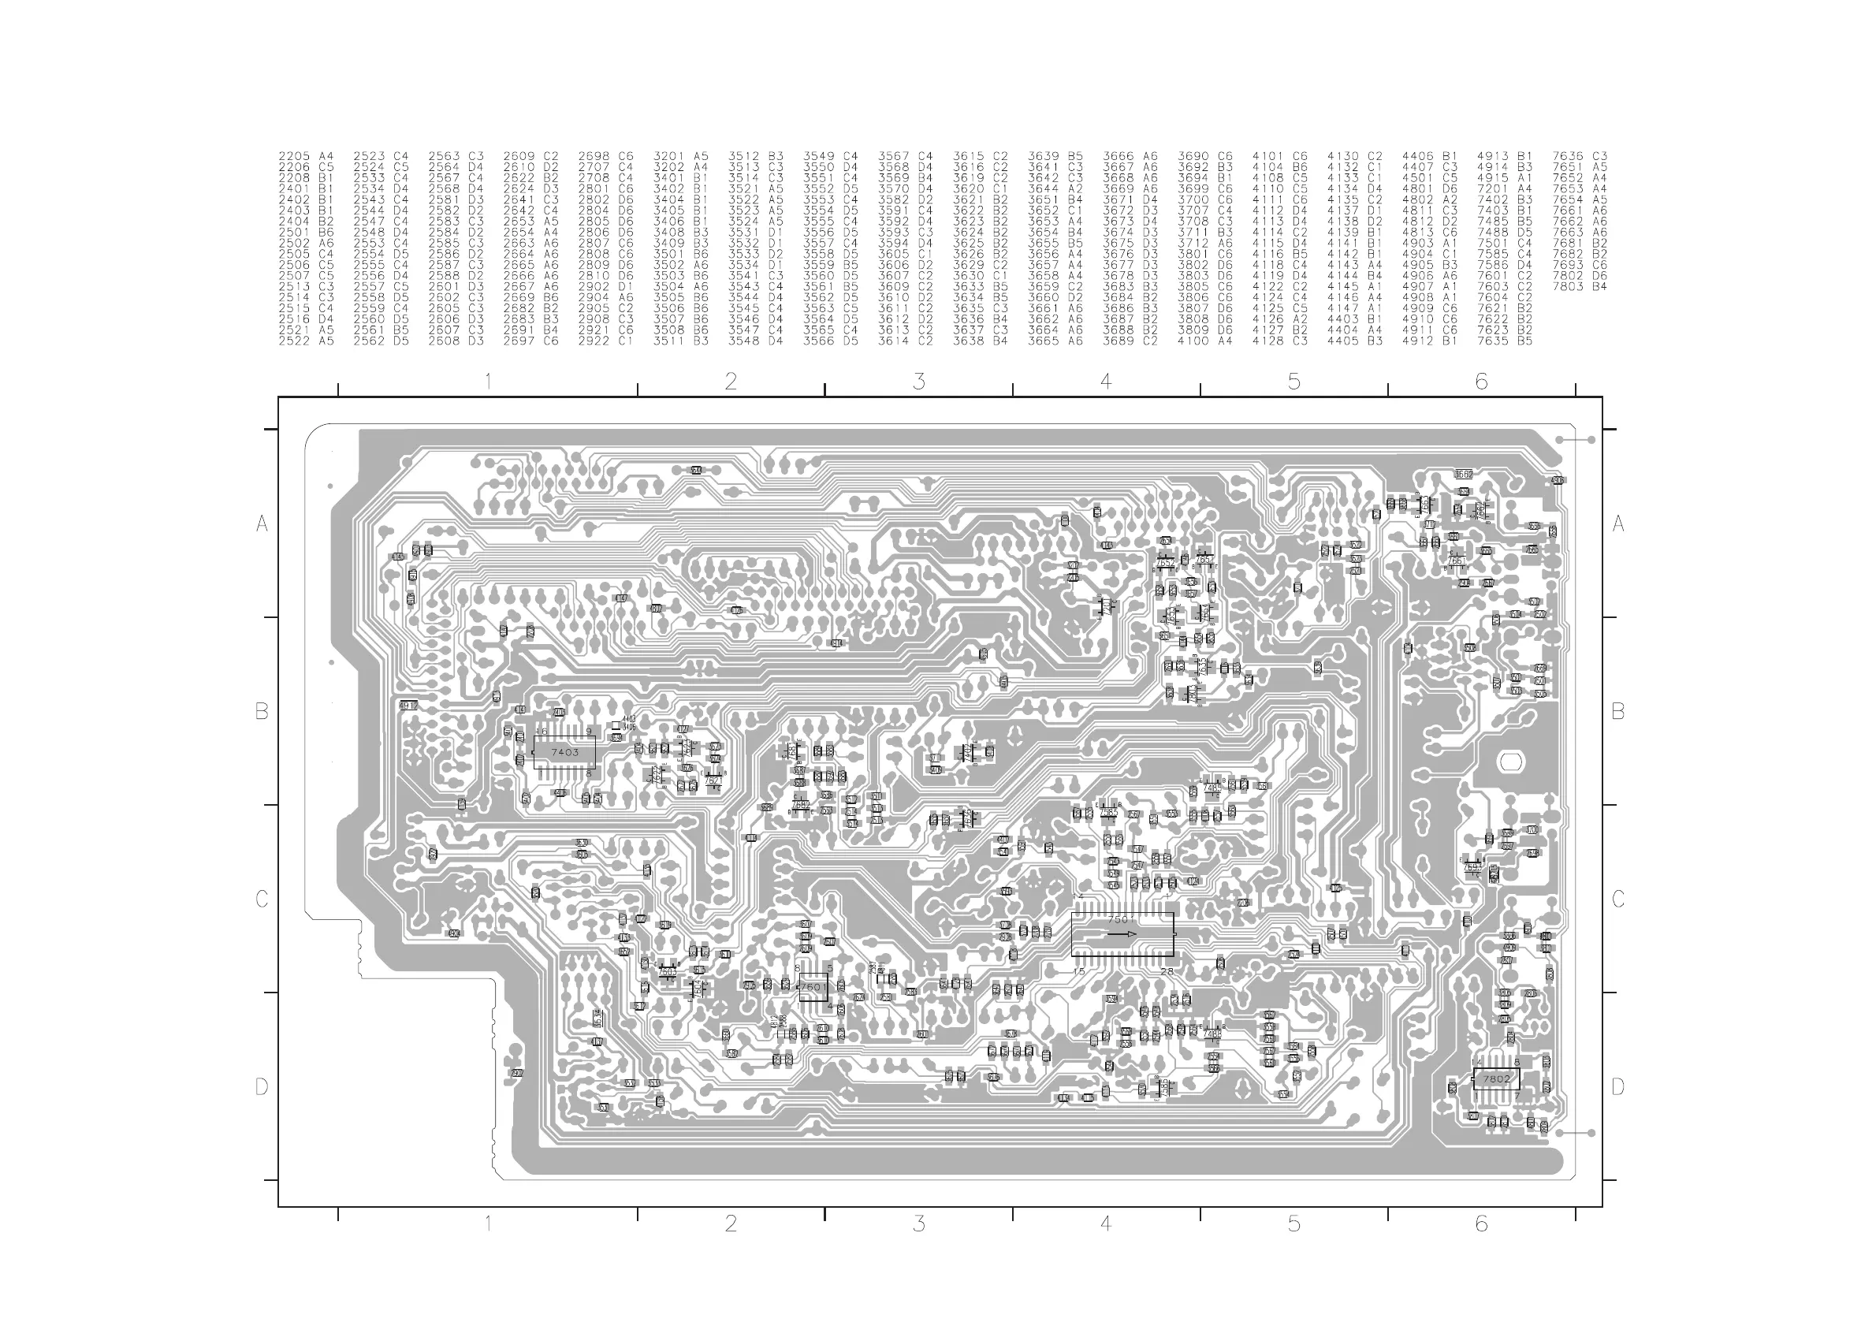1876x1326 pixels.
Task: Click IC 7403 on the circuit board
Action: coord(564,752)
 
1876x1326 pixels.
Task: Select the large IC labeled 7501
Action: coord(1122,935)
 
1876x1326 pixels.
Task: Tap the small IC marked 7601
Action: coord(812,987)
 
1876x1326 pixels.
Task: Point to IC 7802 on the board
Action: coord(1496,1078)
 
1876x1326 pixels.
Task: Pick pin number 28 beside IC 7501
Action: coord(1166,971)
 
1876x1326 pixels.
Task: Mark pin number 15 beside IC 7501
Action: coord(1078,971)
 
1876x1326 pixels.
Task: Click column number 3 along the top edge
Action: coord(919,382)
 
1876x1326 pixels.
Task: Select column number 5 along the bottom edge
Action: coord(1293,1224)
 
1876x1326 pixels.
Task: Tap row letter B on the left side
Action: coord(262,712)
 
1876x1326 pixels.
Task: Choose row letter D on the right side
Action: coord(1617,1086)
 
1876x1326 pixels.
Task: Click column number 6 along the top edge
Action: coord(1481,382)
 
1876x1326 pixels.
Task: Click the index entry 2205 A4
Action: coord(307,156)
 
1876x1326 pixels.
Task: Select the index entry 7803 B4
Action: coord(1580,287)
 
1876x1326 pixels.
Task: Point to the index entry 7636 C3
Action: coord(1580,156)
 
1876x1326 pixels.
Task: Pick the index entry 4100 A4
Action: coord(1204,341)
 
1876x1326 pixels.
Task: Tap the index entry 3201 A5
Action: coord(680,156)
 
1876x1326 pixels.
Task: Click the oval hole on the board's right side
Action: coord(1510,762)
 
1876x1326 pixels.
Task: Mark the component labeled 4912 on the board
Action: coord(408,705)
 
